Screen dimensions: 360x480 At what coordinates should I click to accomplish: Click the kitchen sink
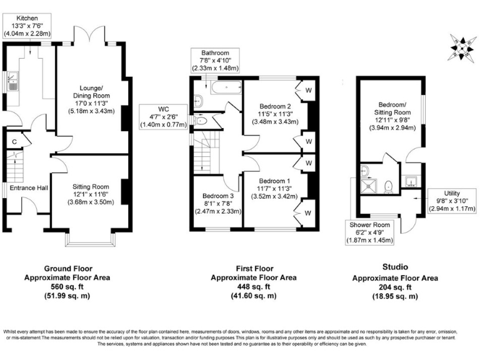tap(12, 81)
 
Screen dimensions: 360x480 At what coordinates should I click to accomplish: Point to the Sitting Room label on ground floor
tap(92, 186)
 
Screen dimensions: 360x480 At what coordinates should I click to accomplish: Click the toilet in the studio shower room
tap(388, 184)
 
